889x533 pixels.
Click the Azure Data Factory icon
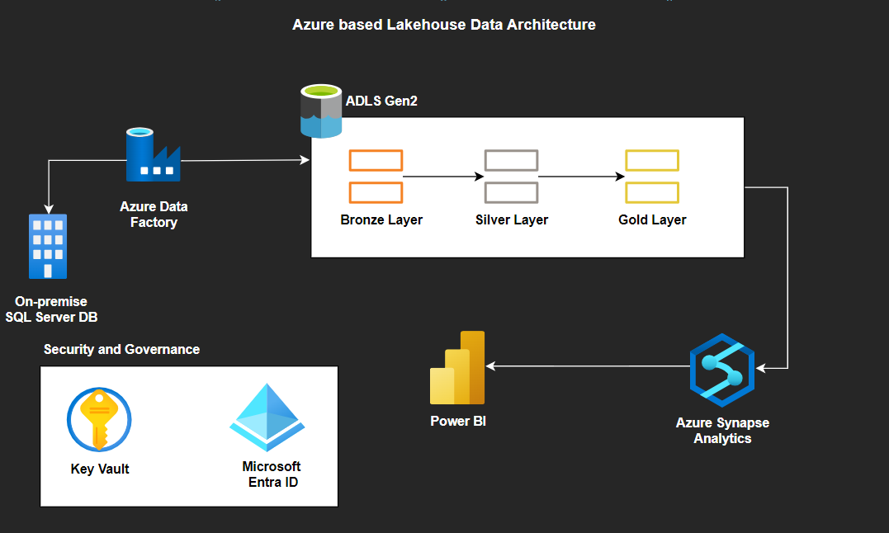(x=153, y=155)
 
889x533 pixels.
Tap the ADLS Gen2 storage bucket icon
(x=320, y=111)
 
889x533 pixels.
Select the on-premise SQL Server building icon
(x=48, y=246)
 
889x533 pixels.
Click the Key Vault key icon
(x=99, y=420)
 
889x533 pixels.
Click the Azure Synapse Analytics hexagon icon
(x=722, y=370)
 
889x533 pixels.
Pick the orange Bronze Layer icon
(x=376, y=177)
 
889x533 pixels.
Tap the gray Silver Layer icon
(x=511, y=177)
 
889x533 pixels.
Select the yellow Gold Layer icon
(x=652, y=177)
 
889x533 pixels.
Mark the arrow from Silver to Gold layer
(x=581, y=177)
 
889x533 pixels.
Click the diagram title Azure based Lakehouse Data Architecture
(x=444, y=25)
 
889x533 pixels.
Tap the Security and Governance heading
(x=121, y=349)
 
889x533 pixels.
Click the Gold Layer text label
(x=652, y=219)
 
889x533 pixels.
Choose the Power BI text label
(x=458, y=421)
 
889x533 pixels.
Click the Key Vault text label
(x=100, y=469)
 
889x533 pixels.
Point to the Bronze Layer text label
(x=381, y=219)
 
